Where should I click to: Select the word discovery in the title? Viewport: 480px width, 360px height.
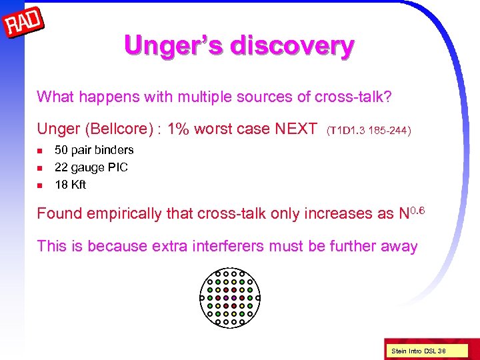291,46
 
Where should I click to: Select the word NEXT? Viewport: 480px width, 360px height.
295,129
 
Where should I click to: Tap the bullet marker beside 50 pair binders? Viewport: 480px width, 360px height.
41,150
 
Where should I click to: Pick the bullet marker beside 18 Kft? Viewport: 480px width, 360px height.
41,185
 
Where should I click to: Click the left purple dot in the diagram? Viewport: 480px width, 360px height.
226,297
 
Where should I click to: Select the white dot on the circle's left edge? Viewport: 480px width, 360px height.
201,297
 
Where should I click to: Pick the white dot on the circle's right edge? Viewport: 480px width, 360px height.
258,297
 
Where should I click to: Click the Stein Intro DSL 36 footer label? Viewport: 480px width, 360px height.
418,350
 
